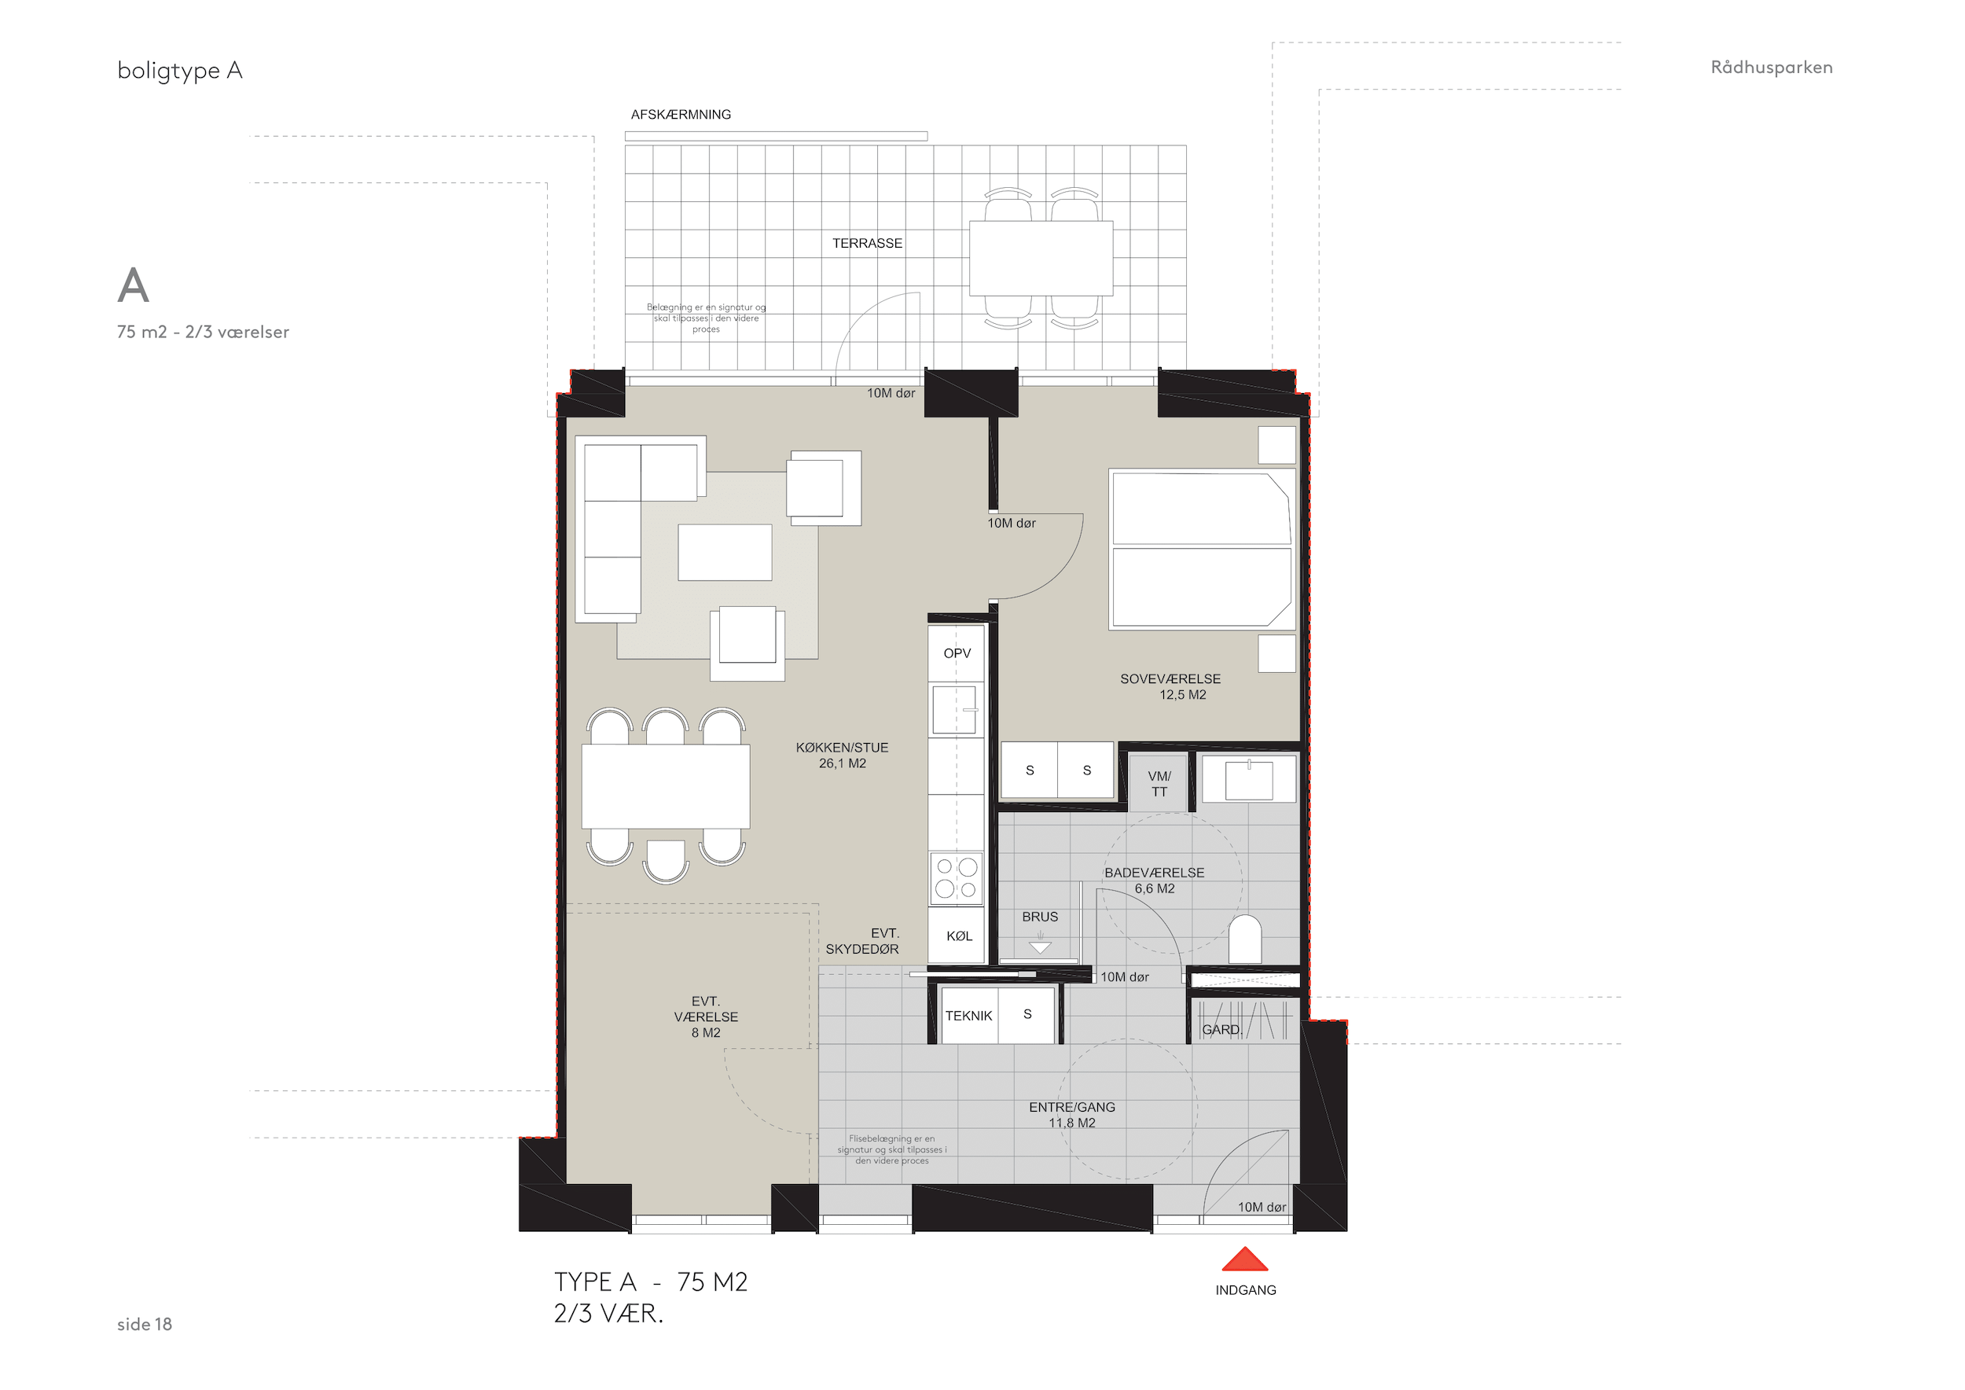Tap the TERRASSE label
(x=867, y=243)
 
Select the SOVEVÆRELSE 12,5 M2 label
(x=1171, y=686)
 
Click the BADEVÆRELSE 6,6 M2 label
(x=1155, y=880)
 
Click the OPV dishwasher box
(x=957, y=653)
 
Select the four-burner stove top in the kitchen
(x=957, y=878)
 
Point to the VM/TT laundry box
(x=1159, y=783)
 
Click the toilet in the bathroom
(x=1245, y=940)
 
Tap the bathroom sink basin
(x=1249, y=780)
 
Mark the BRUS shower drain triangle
(x=1040, y=947)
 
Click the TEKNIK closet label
(x=969, y=1016)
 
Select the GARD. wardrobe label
(x=1221, y=1030)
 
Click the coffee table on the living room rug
(x=725, y=553)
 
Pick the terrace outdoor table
(x=1041, y=259)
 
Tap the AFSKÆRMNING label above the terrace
(x=681, y=115)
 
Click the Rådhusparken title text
(x=1772, y=68)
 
